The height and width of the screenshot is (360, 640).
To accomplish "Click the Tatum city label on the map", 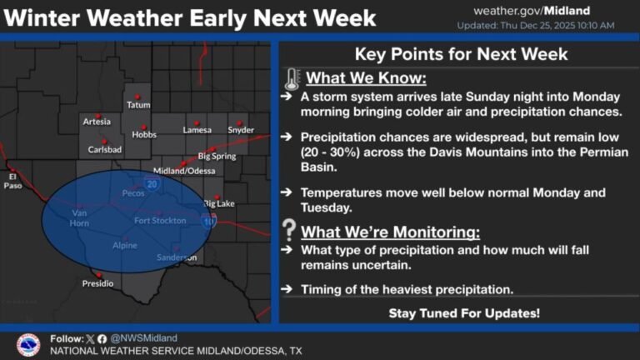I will click(138, 105).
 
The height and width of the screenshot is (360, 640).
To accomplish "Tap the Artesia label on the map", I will click(97, 122).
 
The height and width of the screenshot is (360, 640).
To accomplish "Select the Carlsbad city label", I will click(104, 150).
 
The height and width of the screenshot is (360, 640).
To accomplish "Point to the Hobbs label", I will click(144, 135).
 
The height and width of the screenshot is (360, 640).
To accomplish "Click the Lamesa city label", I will click(197, 129).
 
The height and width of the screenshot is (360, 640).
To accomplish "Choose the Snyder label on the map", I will click(240, 129).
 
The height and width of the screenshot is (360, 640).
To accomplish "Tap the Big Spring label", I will click(217, 156).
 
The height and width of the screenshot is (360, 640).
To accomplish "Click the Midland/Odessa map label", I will click(184, 170).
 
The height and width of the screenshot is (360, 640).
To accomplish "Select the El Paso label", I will click(12, 181).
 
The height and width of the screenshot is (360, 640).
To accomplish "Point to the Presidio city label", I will click(97, 283).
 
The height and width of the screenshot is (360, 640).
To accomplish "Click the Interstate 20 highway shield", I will click(151, 183).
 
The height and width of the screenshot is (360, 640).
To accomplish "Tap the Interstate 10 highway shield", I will click(208, 221).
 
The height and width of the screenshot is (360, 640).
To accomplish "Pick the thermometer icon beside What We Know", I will click(291, 80).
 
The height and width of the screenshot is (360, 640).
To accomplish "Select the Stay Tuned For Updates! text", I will click(464, 313).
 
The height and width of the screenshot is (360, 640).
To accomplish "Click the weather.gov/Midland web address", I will click(532, 11).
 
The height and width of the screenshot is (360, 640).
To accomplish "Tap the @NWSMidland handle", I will click(144, 338).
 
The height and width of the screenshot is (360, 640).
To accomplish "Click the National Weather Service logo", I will click(28, 345).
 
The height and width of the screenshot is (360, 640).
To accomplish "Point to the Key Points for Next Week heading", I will click(461, 54).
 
